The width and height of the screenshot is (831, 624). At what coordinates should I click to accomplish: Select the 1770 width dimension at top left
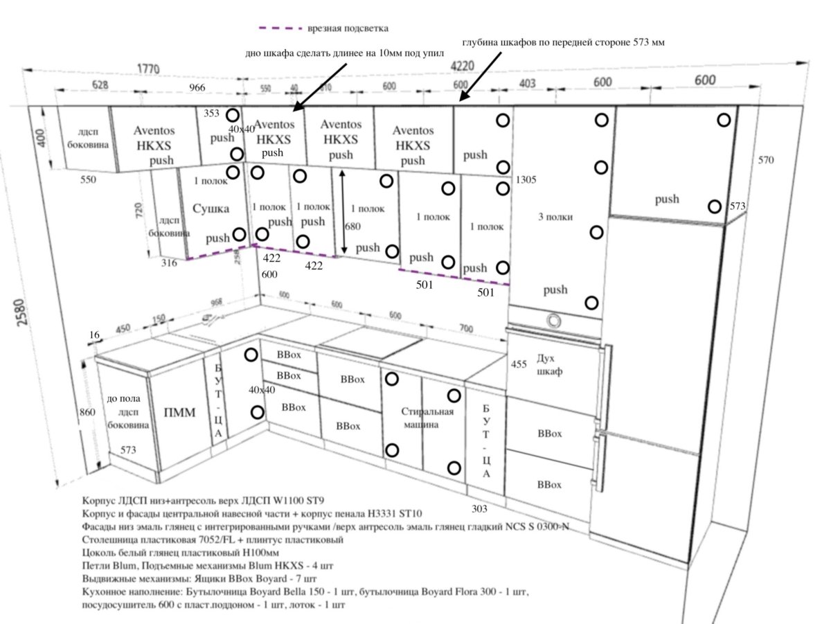(x=146, y=69)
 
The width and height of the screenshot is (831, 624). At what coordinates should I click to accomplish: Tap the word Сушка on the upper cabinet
(x=211, y=208)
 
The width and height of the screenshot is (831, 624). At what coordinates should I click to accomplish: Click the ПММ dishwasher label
(x=179, y=413)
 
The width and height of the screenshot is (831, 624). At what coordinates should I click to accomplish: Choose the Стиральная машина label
(x=427, y=418)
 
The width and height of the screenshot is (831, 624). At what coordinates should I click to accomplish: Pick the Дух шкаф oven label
(x=550, y=365)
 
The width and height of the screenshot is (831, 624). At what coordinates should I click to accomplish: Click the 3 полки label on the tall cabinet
(x=555, y=217)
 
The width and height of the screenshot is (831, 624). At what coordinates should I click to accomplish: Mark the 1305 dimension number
(x=527, y=179)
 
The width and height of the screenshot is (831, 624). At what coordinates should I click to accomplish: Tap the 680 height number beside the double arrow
(x=353, y=226)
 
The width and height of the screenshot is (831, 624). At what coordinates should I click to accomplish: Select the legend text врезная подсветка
(x=348, y=28)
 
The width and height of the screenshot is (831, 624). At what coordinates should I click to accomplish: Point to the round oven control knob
(x=553, y=320)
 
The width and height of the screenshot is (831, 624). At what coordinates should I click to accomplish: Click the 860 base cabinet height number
(x=87, y=412)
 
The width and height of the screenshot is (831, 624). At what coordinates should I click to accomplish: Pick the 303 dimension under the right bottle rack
(x=479, y=509)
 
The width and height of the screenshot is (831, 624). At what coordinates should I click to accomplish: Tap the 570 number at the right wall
(x=766, y=160)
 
